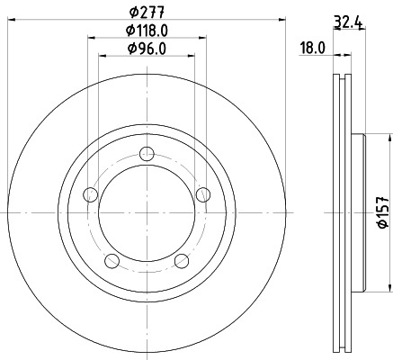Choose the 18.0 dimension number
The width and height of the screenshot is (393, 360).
311,49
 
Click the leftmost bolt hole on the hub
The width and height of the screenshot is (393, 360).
89,193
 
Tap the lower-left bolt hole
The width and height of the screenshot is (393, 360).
111,261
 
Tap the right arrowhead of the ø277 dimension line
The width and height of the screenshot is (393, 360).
283,20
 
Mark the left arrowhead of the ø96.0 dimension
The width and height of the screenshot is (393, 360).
101,56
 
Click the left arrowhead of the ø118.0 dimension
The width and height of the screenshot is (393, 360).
91,38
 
